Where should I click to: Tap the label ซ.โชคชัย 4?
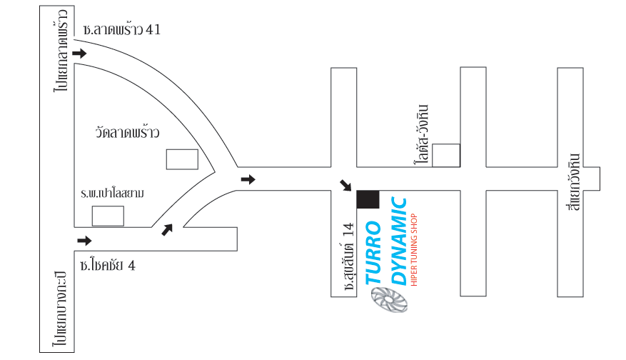pyautogui.click(x=108, y=266)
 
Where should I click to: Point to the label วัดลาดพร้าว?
pyautogui.click(x=126, y=133)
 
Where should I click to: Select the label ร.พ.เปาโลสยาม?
pyautogui.click(x=113, y=194)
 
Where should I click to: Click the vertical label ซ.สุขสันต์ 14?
pyautogui.click(x=349, y=256)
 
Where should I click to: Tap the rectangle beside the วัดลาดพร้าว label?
pyautogui.click(x=182, y=159)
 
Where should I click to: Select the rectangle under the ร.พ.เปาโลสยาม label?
pyautogui.click(x=108, y=216)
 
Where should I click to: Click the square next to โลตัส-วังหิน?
pyautogui.click(x=446, y=155)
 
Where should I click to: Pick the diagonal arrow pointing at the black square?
pyautogui.click(x=345, y=186)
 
